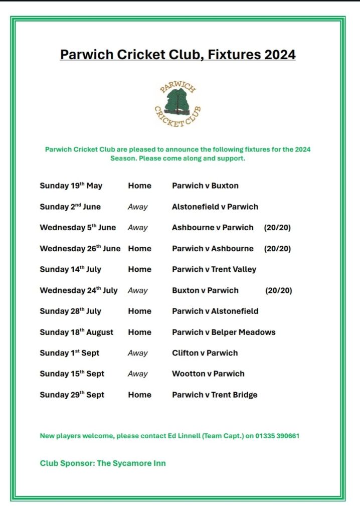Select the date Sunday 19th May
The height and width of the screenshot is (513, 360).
(x=71, y=186)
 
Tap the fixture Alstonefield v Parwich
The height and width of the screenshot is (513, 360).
(x=215, y=207)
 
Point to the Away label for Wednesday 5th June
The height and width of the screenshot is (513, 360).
(x=137, y=228)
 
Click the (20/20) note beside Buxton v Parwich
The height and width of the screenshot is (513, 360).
(x=278, y=290)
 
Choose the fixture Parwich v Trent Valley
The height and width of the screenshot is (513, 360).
(x=214, y=269)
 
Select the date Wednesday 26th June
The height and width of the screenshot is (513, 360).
(x=80, y=248)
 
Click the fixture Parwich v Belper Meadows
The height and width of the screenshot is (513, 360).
(x=224, y=332)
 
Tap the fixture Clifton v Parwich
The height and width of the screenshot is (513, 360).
(x=205, y=353)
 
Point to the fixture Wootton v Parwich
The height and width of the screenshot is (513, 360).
(x=208, y=374)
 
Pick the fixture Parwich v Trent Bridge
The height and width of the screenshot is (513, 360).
(x=214, y=395)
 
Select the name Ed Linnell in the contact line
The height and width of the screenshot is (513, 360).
(x=186, y=436)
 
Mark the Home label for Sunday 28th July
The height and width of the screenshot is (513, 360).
(x=139, y=311)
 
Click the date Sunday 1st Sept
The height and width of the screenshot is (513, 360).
(x=69, y=353)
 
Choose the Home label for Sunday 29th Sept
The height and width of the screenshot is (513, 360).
(x=139, y=395)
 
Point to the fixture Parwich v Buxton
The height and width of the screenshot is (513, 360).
(x=205, y=186)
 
